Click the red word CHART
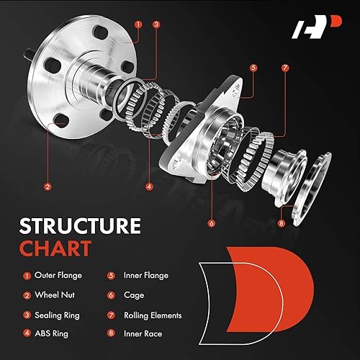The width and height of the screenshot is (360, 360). pos(57,249)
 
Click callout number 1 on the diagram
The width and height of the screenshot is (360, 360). pos(137,24)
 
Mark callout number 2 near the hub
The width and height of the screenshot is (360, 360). pos(48,186)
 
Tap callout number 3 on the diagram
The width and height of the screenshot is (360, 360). pos(156,24)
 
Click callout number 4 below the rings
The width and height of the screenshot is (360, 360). pos(149,186)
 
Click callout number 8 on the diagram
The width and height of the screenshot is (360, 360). pos(282,223)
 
